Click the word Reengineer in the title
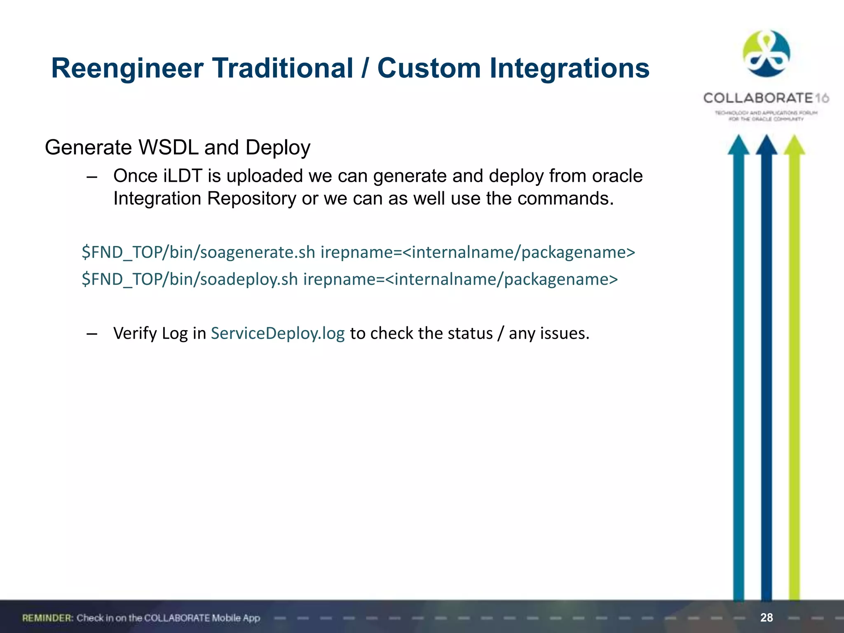[x=127, y=68]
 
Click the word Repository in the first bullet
[x=251, y=199]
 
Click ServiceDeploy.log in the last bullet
[x=278, y=333]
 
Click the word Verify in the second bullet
[x=135, y=333]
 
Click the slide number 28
[x=767, y=617]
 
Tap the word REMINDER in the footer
[x=47, y=618]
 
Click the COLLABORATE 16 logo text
[x=766, y=98]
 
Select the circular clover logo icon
[x=766, y=54]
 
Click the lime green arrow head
[x=794, y=145]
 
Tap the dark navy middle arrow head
[x=766, y=145]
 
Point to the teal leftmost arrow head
[x=738, y=145]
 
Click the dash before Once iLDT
[x=92, y=177]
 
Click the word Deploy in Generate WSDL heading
[x=278, y=148]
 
